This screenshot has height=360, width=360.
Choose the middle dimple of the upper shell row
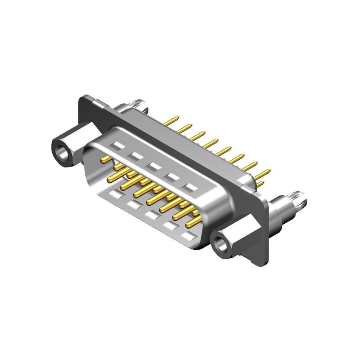(x=154, y=166)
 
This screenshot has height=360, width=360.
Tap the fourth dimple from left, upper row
(x=173, y=176)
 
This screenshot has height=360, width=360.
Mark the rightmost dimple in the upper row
(x=192, y=186)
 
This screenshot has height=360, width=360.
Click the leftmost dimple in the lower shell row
(x=116, y=194)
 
